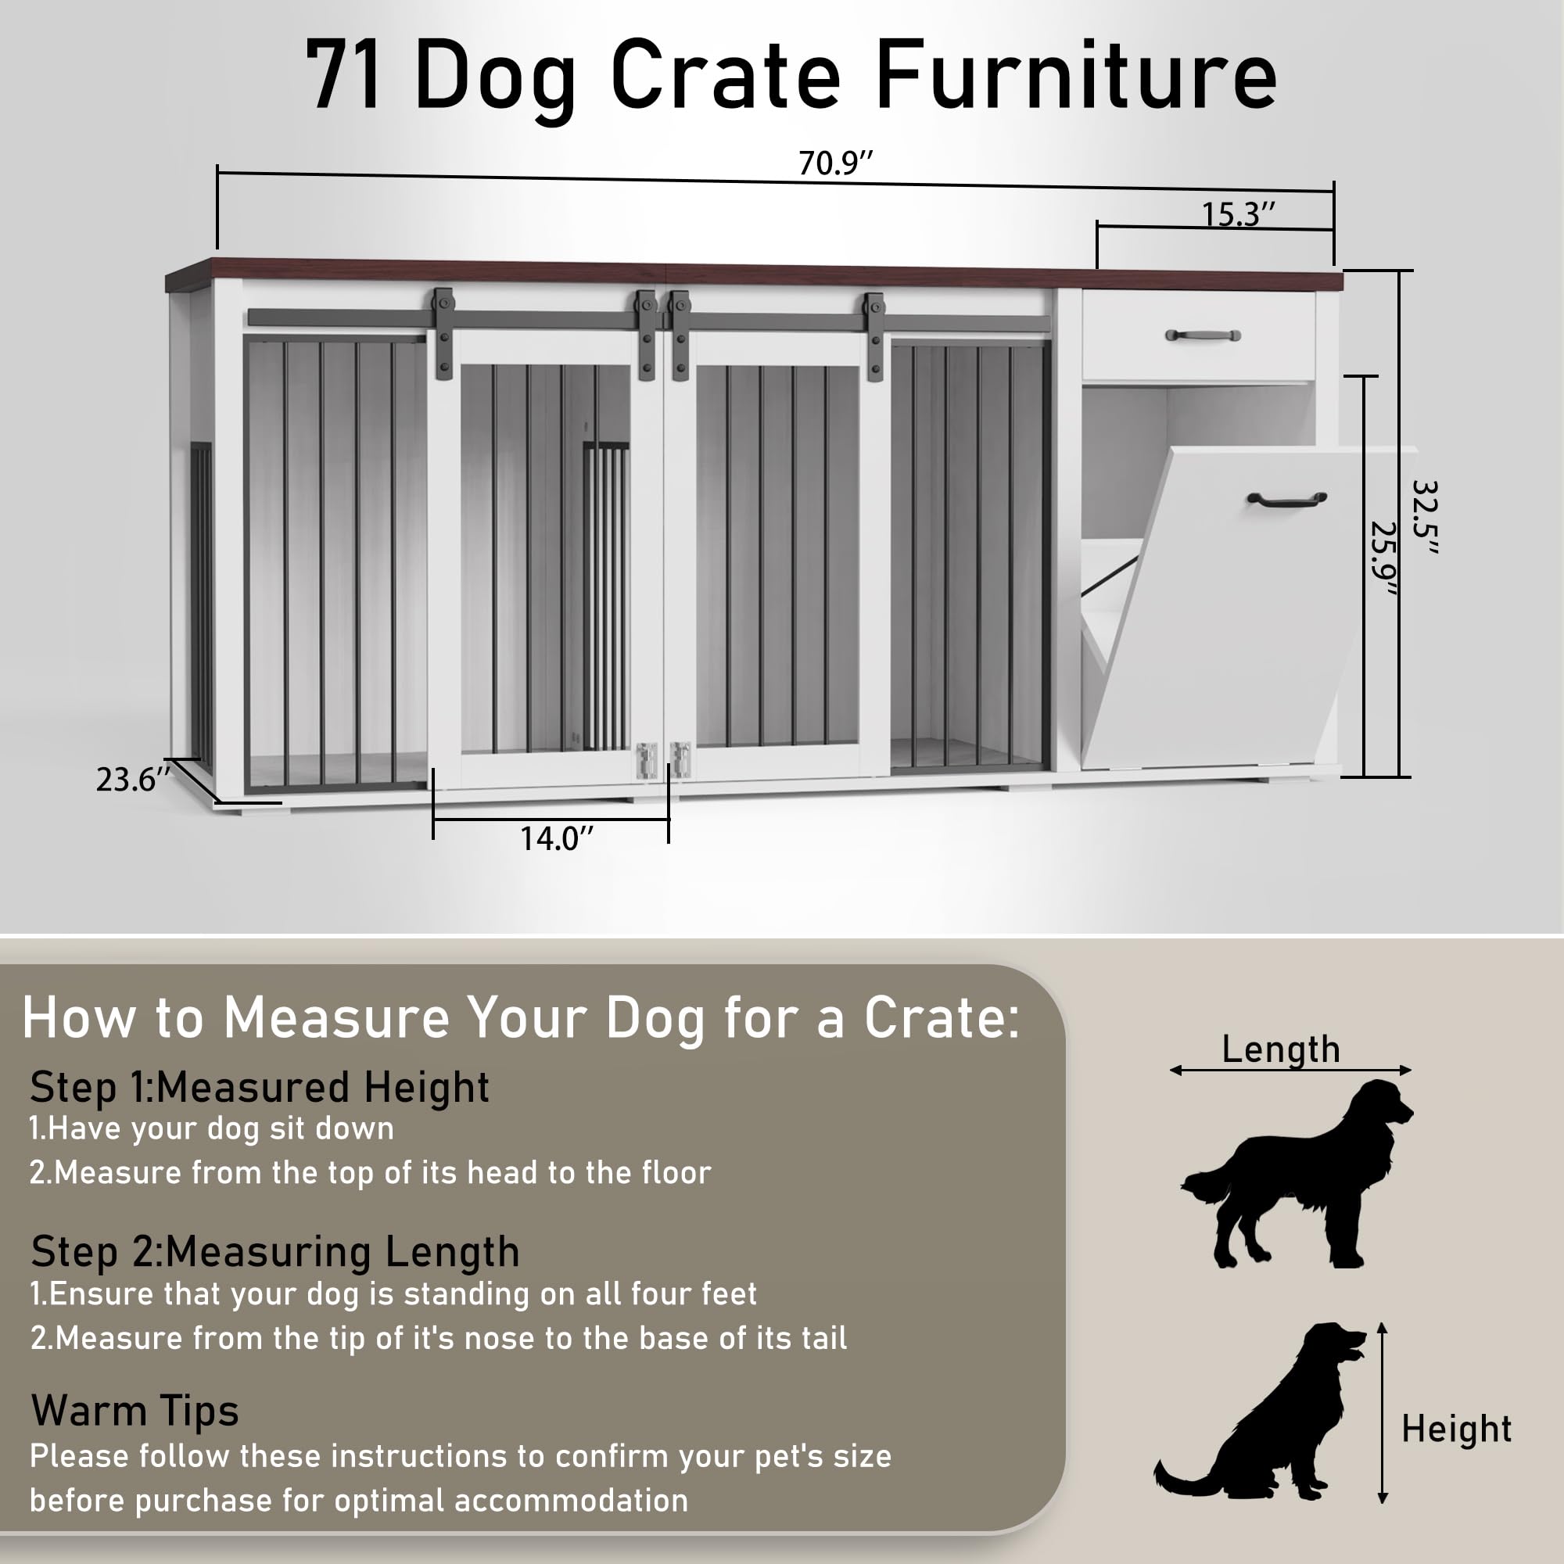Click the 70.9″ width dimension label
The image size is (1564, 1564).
pyautogui.click(x=835, y=163)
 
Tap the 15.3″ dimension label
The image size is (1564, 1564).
pyautogui.click(x=1238, y=214)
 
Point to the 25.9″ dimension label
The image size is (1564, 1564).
pyautogui.click(x=1383, y=558)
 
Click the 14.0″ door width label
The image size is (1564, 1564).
pyautogui.click(x=556, y=838)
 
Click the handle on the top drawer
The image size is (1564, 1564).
pyautogui.click(x=1202, y=335)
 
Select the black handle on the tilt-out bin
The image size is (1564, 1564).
pyautogui.click(x=1286, y=499)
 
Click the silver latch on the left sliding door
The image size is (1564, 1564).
pyautogui.click(x=646, y=760)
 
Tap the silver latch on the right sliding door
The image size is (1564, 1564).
pyautogui.click(x=681, y=760)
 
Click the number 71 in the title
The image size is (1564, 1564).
pyautogui.click(x=344, y=77)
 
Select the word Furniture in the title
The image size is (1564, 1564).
pyautogui.click(x=1076, y=77)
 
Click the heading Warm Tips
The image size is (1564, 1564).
pyautogui.click(x=135, y=1410)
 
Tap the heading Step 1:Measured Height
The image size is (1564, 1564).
pyautogui.click(x=259, y=1087)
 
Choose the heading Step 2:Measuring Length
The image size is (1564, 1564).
pyautogui.click(x=275, y=1251)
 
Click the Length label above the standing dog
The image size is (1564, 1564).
pyautogui.click(x=1281, y=1049)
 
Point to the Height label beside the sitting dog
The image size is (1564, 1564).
pyautogui.click(x=1456, y=1429)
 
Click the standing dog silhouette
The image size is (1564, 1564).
pyautogui.click(x=1295, y=1174)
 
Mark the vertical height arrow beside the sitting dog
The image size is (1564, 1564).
pyautogui.click(x=1383, y=1413)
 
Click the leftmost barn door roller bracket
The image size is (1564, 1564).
pyautogui.click(x=443, y=332)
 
